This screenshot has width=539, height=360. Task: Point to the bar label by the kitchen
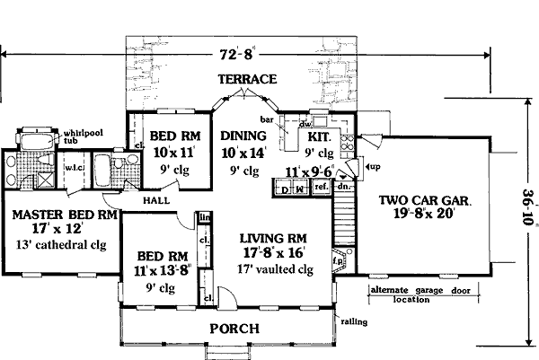click(265, 117)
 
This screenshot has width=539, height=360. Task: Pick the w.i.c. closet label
click(71, 167)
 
